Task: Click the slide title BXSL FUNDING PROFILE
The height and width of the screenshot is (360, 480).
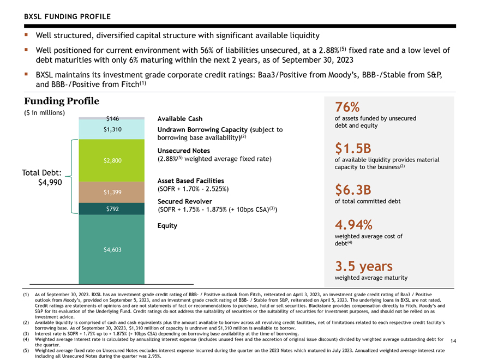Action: [67, 16]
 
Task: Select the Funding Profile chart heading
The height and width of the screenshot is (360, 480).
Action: [62, 101]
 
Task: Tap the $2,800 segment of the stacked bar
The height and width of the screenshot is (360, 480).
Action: [111, 160]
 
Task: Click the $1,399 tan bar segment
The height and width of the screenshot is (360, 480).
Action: [111, 192]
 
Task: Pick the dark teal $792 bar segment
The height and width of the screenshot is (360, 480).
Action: [111, 209]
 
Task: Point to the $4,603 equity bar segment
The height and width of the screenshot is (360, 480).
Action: [111, 249]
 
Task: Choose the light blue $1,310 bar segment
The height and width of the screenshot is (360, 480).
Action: [111, 129]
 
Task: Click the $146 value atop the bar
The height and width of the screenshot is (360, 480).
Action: [112, 118]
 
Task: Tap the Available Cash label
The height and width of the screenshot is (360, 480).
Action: [179, 119]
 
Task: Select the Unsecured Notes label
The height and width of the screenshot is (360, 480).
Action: [184, 151]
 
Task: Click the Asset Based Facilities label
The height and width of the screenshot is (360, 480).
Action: [191, 181]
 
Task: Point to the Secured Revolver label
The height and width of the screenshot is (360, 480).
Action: [184, 201]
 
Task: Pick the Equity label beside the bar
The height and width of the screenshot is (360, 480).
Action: [167, 226]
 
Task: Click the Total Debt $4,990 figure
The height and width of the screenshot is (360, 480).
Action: [42, 178]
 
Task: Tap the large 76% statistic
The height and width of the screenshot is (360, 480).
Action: [347, 107]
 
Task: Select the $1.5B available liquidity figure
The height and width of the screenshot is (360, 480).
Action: [353, 148]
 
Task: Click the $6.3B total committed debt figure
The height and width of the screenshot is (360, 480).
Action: [353, 190]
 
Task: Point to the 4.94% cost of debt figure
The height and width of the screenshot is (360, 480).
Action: [353, 225]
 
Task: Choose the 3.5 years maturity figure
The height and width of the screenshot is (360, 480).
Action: [364, 266]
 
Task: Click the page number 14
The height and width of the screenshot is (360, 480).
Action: [453, 341]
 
